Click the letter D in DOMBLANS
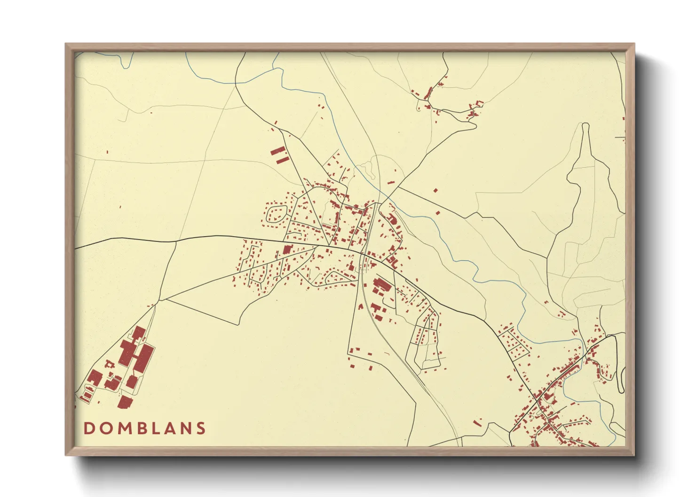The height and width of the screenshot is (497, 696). [88, 428]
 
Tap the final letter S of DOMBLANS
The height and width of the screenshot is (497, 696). [201, 428]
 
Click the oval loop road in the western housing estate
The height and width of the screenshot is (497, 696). [276, 214]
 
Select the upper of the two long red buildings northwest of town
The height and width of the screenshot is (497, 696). [278, 151]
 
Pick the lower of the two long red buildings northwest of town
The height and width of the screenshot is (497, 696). [282, 161]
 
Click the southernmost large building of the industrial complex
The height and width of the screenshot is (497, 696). [125, 402]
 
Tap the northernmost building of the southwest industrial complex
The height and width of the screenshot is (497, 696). [138, 333]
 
